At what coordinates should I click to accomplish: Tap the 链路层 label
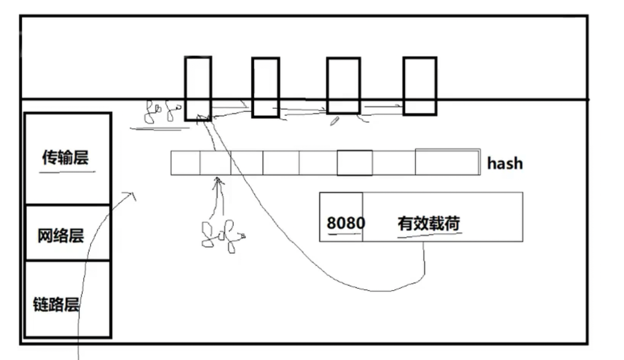coord(56,304)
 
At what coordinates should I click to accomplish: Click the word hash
coord(505,163)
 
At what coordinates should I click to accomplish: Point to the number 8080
coord(345,223)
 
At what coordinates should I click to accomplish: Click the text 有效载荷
coord(429,223)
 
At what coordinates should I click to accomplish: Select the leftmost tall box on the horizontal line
coord(198,88)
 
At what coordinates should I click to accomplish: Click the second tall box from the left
coord(265,88)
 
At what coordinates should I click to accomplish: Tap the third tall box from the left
coord(343,86)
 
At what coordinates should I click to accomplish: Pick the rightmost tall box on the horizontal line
coord(420,86)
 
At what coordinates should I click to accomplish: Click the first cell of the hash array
coord(185,163)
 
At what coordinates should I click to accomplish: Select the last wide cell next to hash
coord(447,162)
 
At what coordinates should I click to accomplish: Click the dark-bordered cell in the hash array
coord(354,163)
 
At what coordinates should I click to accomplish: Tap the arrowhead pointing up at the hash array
coord(219,180)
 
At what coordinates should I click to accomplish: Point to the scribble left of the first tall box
coord(161,112)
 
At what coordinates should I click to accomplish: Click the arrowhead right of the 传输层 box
coord(132,194)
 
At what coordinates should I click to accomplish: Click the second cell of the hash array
coord(215,163)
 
